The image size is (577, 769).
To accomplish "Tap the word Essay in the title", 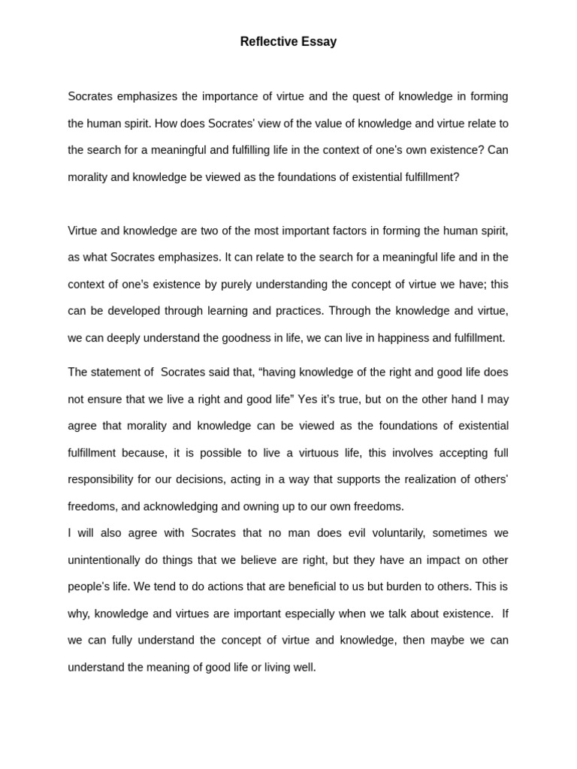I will click(319, 42).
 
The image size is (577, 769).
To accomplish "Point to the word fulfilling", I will click(233, 149).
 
